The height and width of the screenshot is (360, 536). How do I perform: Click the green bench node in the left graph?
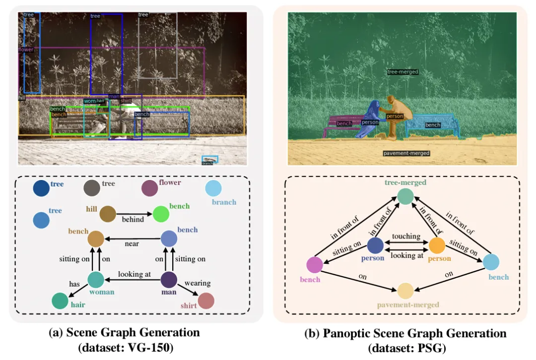[x=161, y=214]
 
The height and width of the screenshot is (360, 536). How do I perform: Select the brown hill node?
[x=108, y=214]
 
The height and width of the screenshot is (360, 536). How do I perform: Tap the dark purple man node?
[x=169, y=280]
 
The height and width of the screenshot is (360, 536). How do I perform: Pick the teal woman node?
[x=96, y=280]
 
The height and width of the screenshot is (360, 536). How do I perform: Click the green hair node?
[x=60, y=301]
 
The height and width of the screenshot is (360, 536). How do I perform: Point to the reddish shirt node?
[x=205, y=301]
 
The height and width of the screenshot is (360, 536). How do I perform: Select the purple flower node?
[x=149, y=188]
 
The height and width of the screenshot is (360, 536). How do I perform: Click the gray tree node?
[x=92, y=188]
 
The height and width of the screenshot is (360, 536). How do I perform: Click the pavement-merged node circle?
[x=405, y=291]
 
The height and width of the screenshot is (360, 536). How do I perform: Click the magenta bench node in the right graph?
[x=315, y=265]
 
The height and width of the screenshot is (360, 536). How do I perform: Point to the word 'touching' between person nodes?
[x=406, y=237]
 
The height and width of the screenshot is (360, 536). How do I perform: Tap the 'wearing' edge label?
[x=198, y=283]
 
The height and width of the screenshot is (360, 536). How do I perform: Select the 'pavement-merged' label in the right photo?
[x=406, y=153]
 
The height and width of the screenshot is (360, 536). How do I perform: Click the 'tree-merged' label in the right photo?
[x=402, y=72]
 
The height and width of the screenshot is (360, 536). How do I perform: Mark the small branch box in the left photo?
[x=209, y=160]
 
